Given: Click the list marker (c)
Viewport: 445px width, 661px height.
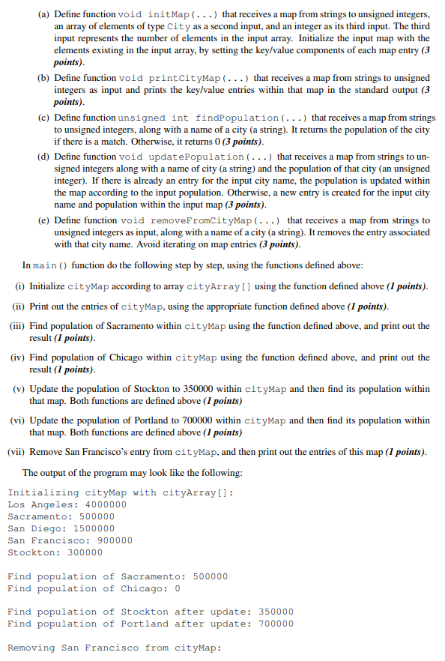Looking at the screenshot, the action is (43, 118).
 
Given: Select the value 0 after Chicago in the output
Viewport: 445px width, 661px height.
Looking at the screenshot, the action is (177, 588).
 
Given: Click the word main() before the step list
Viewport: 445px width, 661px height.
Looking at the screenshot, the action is (52, 265).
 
